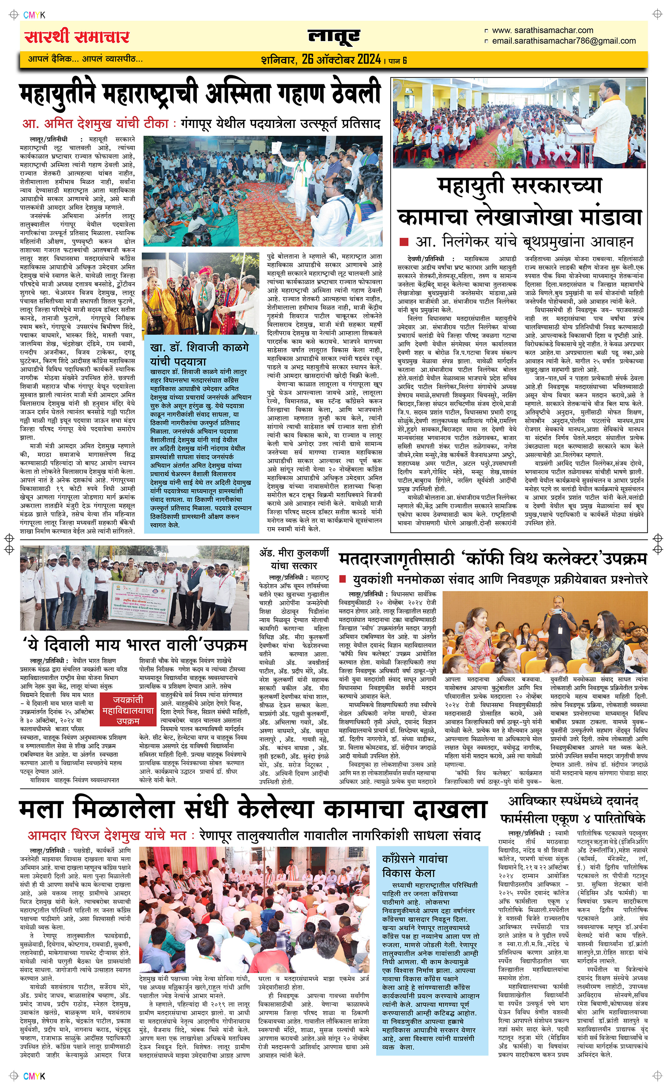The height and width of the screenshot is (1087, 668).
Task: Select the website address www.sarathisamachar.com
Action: (x=542, y=30)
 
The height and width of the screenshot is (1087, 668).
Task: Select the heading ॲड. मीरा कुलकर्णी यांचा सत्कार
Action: (x=294, y=559)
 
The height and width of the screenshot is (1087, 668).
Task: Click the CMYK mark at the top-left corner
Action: (x=34, y=15)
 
